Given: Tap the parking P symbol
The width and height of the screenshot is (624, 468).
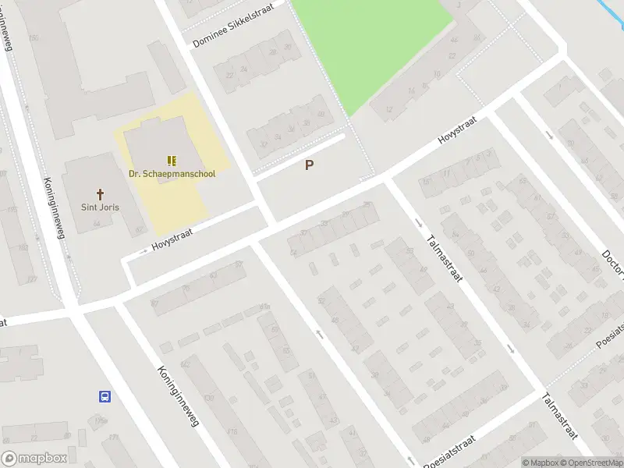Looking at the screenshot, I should (310, 165).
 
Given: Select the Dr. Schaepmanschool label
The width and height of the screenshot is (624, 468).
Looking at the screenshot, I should (172, 174).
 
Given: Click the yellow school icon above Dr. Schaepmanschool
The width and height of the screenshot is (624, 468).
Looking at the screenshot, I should (172, 160).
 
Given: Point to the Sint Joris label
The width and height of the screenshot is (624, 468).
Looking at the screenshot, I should (100, 207).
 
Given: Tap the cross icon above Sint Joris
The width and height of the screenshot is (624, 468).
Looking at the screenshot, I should (100, 193).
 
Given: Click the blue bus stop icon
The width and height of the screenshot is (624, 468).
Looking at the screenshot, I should (105, 396).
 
